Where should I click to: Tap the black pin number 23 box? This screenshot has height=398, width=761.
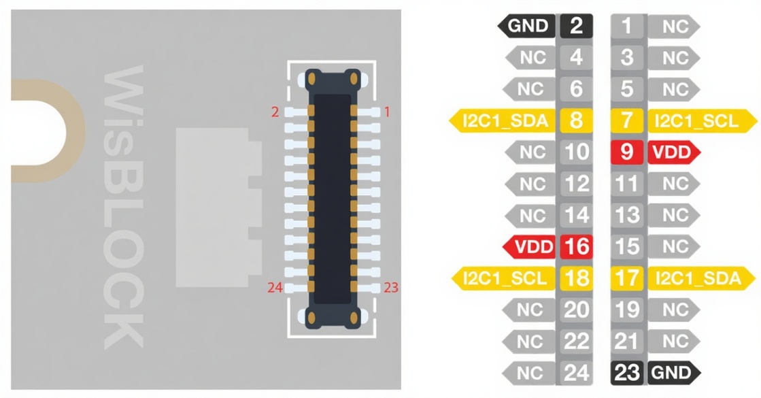[627, 372]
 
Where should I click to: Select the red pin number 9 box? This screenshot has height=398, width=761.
[627, 152]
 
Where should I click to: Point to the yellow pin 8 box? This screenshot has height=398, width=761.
[576, 121]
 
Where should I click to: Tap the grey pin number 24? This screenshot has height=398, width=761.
[576, 372]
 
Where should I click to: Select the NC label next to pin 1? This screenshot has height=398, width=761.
[675, 27]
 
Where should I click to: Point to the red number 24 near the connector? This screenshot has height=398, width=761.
[275, 288]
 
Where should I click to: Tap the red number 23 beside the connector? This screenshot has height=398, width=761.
[390, 288]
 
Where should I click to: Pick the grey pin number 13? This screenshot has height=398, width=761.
[627, 215]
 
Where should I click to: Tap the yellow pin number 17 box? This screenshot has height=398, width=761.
[627, 278]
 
